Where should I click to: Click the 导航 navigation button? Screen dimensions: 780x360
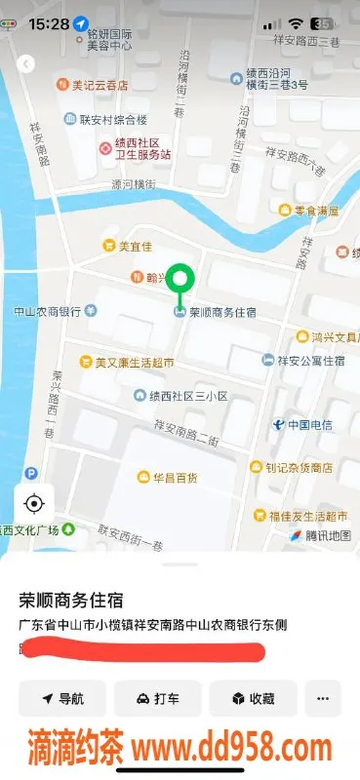(62, 698)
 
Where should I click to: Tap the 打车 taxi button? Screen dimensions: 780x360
(157, 698)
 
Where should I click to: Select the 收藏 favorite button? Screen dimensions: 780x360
(252, 698)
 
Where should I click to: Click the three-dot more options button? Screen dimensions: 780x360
(322, 698)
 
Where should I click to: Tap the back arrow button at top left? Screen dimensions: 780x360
(26, 63)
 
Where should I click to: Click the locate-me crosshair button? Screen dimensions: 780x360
(34, 503)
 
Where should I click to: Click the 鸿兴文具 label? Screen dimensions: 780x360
(329, 336)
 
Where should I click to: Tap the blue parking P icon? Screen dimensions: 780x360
(31, 474)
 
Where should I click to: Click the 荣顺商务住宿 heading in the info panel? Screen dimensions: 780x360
(77, 600)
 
